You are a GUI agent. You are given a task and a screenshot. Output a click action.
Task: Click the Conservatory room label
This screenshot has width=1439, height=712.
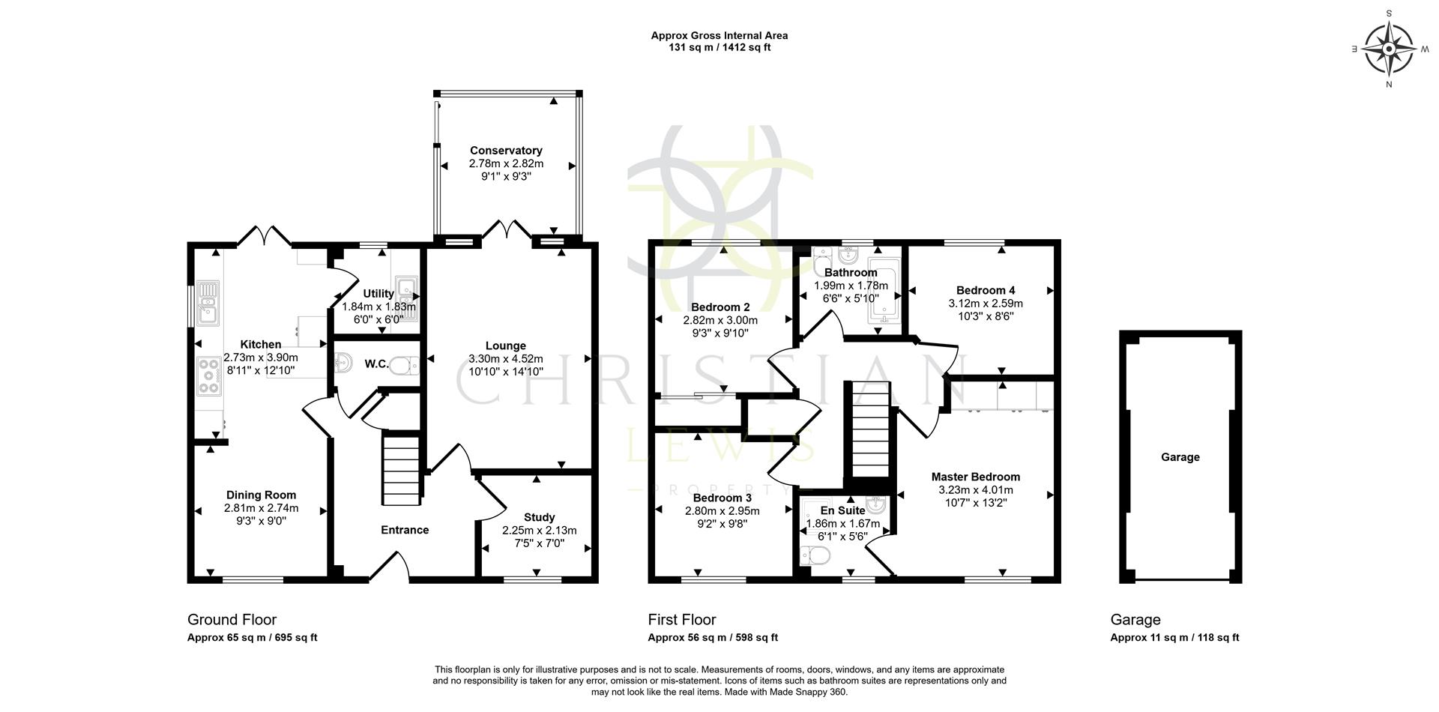pos(506,151)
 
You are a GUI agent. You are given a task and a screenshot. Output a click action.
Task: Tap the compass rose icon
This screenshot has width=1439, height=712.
pos(1389,49)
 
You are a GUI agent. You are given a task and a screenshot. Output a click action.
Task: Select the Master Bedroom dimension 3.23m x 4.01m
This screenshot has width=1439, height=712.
pos(975,490)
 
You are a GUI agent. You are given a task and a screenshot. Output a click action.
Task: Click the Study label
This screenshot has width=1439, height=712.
pos(539,517)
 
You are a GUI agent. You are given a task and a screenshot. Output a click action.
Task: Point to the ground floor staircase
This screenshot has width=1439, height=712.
pos(402,471)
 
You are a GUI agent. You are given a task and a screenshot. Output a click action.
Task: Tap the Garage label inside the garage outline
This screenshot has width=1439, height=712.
pos(1180,457)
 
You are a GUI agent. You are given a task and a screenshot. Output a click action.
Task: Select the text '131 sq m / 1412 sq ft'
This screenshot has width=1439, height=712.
pos(719,47)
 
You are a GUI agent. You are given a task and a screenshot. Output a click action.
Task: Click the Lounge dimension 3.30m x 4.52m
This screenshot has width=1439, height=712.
pos(505,358)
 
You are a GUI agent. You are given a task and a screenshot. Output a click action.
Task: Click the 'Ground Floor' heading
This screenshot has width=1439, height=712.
pos(232,620)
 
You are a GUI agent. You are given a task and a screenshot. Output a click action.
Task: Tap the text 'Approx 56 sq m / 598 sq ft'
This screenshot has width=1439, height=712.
pos(713,638)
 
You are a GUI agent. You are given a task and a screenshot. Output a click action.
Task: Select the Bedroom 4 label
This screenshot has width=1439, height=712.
pos(985,290)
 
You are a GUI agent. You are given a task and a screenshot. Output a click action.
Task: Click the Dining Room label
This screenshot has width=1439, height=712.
pos(261,495)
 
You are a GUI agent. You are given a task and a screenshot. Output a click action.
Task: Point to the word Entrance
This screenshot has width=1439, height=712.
pos(405,530)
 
